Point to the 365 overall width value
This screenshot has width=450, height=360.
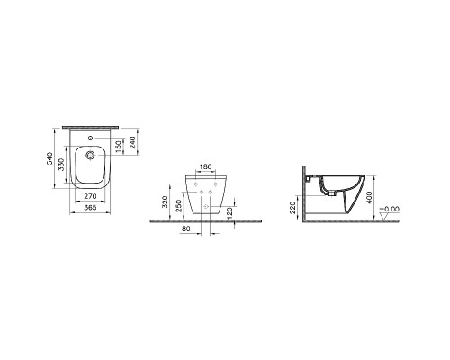(91, 206)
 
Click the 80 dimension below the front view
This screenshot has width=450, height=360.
(184, 229)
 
